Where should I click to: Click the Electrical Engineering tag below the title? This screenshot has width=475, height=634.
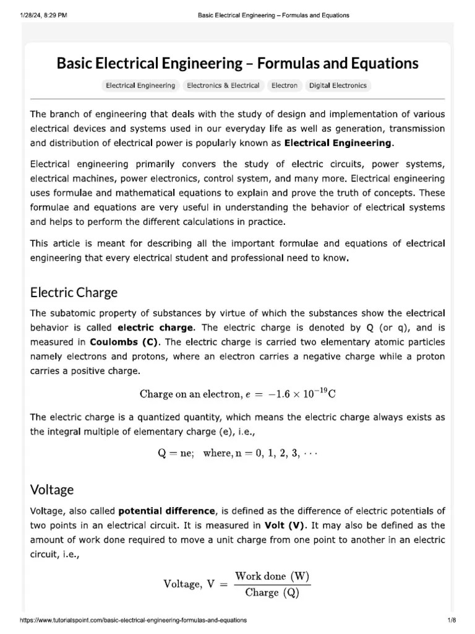tap(140, 85)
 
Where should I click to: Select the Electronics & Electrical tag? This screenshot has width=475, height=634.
tap(223, 85)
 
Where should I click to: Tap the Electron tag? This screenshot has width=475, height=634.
tap(285, 85)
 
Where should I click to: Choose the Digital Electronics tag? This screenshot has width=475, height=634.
tap(338, 85)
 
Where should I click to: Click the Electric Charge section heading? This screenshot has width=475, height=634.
tap(74, 292)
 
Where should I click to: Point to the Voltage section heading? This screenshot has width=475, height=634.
tap(52, 490)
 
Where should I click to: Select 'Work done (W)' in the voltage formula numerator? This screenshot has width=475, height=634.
tap(276, 575)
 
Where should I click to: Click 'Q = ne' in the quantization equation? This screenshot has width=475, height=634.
tap(176, 453)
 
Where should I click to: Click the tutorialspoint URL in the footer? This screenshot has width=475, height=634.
tap(134, 620)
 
